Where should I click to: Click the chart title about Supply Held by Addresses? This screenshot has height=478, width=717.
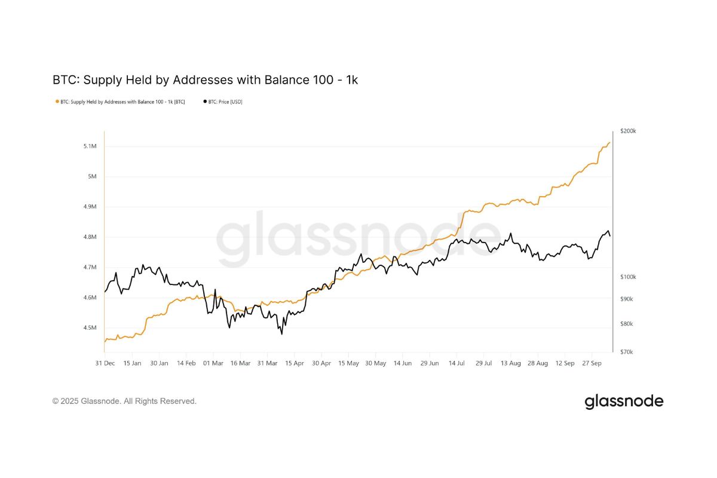tap(205, 79)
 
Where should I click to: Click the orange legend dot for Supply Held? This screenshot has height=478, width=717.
tap(57, 102)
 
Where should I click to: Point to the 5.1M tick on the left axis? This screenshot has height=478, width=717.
tap(90, 146)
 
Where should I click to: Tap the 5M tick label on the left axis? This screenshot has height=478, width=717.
tap(92, 177)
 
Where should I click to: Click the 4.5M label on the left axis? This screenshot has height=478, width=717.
tap(90, 328)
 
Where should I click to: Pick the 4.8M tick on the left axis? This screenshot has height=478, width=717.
tap(90, 237)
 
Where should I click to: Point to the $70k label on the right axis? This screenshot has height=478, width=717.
tap(627, 352)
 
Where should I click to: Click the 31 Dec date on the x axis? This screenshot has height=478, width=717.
tap(105, 363)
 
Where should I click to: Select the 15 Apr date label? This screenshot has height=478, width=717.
tap(294, 363)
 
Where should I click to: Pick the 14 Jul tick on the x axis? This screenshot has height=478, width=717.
tap(456, 363)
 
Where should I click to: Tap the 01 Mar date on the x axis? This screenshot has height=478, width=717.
tap(213, 363)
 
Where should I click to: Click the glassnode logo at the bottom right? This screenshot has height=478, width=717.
tap(624, 401)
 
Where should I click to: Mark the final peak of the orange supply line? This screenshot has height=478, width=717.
tap(609, 142)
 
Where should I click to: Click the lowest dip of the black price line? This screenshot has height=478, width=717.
tap(281, 333)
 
